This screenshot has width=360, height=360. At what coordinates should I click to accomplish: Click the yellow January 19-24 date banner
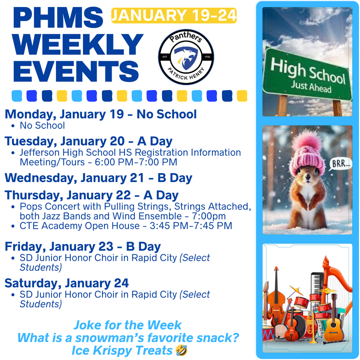coord(174,15)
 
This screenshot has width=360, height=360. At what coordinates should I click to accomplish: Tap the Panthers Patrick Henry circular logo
coord(186,57)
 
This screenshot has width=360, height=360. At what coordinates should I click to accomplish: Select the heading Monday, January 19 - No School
coord(101,114)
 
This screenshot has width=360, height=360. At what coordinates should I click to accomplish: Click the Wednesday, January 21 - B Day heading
coord(98,178)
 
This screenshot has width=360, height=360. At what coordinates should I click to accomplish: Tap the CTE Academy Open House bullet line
coord(126,225)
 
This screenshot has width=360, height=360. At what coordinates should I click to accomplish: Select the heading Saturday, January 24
coord(67,283)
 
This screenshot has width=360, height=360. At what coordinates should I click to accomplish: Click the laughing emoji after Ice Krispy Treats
coord(181,350)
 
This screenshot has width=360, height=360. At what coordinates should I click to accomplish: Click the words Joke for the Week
coord(128,325)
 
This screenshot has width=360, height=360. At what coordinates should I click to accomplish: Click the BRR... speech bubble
coord(340,164)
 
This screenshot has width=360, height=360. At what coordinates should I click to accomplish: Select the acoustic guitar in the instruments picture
coord(333,322)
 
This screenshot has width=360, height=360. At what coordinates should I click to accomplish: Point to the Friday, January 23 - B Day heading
coord(83,246)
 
